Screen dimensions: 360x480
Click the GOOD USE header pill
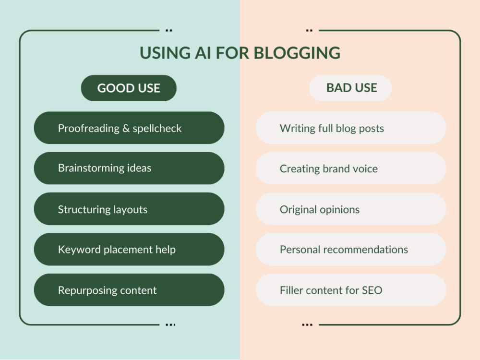tap(129, 88)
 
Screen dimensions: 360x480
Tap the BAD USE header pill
tap(351, 88)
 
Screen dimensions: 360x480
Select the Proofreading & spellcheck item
tap(129, 128)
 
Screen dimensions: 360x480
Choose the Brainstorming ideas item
tap(129, 168)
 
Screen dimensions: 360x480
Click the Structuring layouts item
tap(129, 209)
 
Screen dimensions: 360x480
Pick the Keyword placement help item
tap(129, 250)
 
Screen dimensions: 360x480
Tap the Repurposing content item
tap(129, 290)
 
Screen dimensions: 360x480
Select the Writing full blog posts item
tap(351, 128)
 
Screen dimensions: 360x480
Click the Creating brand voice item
tap(351, 168)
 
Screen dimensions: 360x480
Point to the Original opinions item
tap(351, 209)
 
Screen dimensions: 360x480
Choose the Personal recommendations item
tap(351, 250)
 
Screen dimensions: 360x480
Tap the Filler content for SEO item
tap(351, 290)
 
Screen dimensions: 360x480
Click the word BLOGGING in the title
tap(297, 53)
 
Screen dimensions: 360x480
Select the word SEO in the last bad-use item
tap(372, 290)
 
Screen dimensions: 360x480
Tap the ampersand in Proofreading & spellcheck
tap(125, 128)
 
